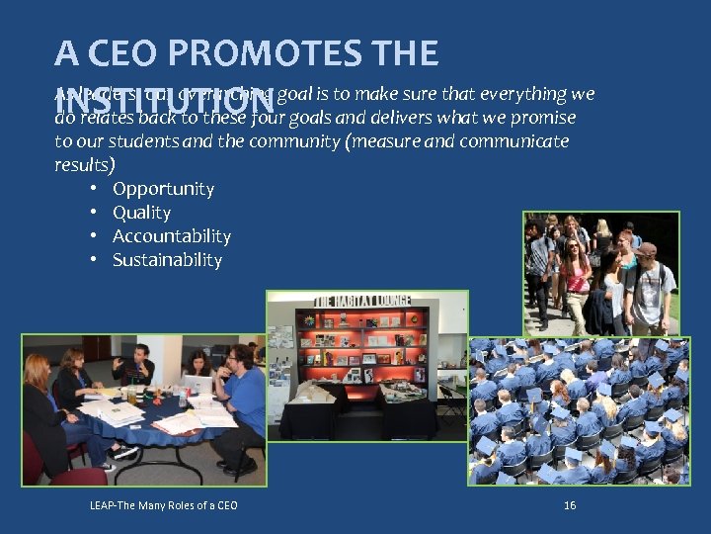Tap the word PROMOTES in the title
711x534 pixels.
click(283, 52)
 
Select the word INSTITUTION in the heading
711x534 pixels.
click(163, 102)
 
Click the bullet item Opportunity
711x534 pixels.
click(163, 189)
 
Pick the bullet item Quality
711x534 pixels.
click(141, 213)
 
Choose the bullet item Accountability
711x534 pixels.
click(172, 236)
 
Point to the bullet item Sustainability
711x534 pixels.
click(167, 260)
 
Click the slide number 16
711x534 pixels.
click(569, 505)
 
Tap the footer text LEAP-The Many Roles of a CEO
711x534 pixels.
click(163, 506)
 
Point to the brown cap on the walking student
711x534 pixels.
click(645, 250)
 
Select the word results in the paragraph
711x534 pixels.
click(81, 165)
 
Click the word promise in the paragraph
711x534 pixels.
click(543, 118)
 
